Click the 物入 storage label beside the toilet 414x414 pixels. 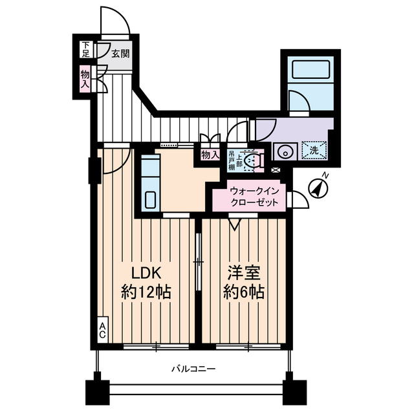[210, 155]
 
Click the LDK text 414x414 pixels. [146, 272]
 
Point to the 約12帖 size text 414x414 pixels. [146, 292]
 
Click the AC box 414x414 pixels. [103, 331]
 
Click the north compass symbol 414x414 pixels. [319, 188]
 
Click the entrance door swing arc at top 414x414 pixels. [118, 19]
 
